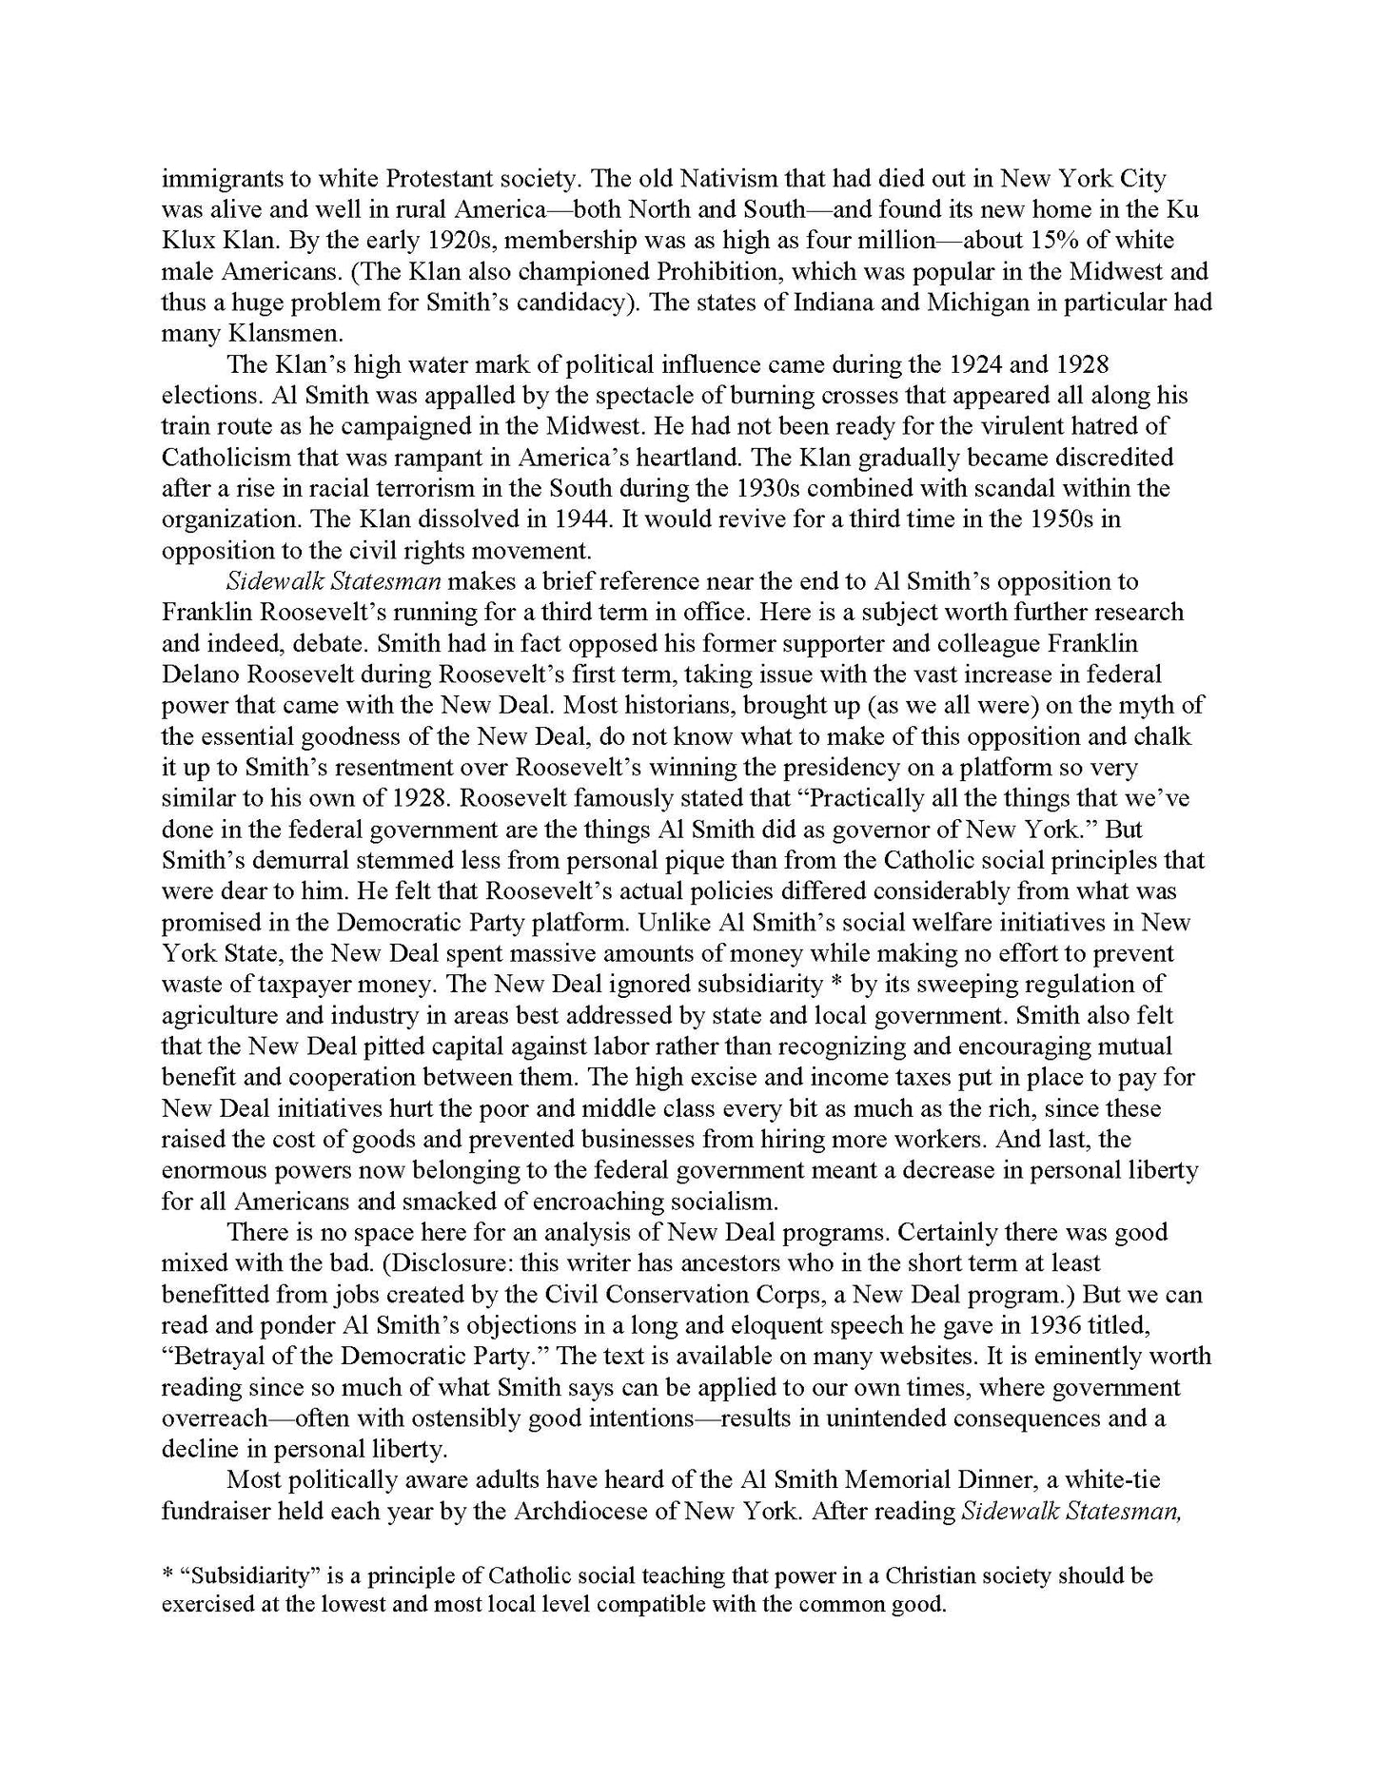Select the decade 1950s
click(1040, 518)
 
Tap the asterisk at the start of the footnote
click(167, 1576)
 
